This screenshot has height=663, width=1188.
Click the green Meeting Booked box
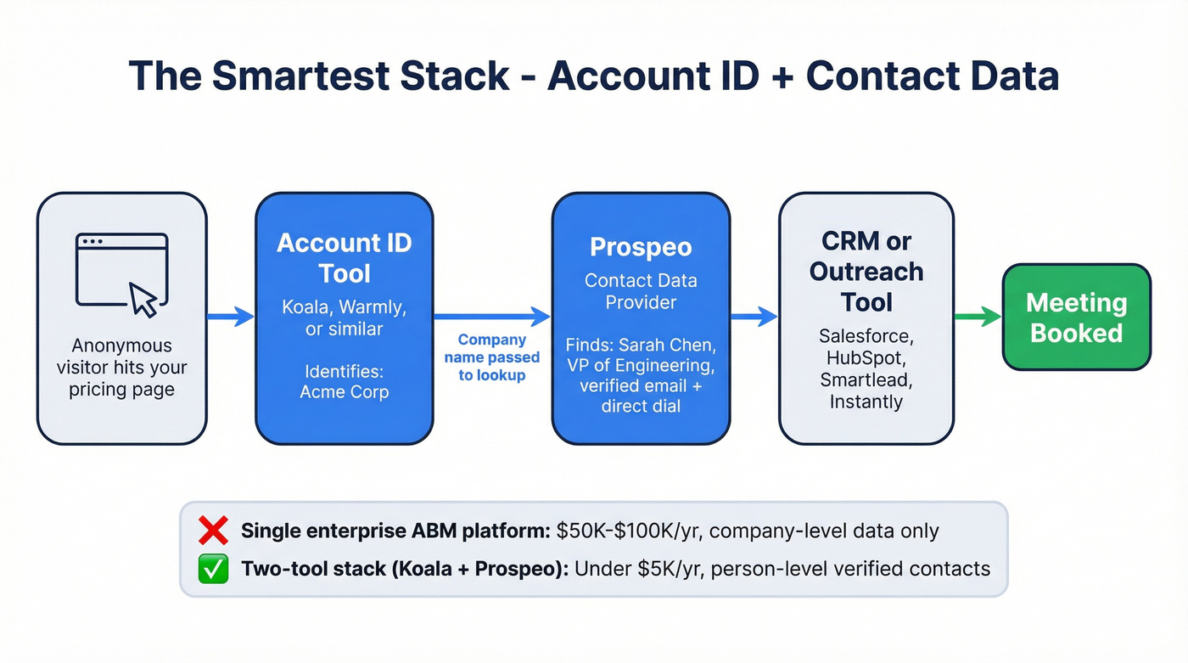(x=1076, y=317)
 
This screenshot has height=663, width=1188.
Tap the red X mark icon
(x=212, y=531)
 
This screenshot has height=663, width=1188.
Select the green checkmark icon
(x=212, y=569)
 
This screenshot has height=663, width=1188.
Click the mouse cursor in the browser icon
(x=143, y=300)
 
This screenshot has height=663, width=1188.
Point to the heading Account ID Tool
(x=344, y=258)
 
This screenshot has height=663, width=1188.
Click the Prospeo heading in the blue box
(x=641, y=247)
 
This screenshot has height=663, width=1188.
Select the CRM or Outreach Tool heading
(x=866, y=272)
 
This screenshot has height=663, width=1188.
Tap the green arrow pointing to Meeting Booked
(x=978, y=317)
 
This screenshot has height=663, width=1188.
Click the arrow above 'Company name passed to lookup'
(x=492, y=317)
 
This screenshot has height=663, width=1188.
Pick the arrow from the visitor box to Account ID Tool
(x=231, y=317)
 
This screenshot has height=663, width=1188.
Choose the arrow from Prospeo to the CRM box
(x=754, y=317)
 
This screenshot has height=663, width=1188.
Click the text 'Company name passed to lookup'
(x=492, y=357)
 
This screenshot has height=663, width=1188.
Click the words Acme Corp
(x=344, y=391)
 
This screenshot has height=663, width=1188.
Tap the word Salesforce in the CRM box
(x=866, y=337)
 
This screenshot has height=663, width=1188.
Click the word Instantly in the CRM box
(x=866, y=402)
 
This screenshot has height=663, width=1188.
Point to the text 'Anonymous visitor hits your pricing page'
(x=121, y=368)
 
